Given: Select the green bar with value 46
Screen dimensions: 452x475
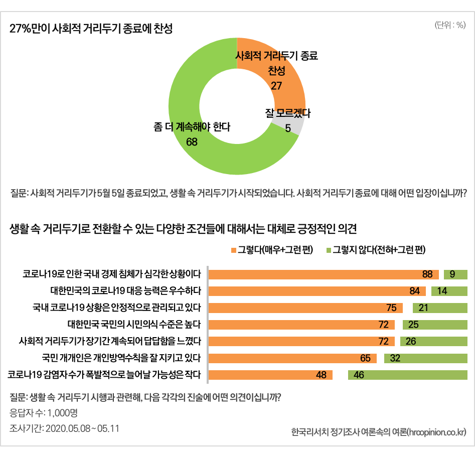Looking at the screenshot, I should [x=407, y=375].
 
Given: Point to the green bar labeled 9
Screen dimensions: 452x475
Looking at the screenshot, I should [x=455, y=274].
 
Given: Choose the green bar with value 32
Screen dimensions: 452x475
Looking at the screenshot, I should [x=425, y=358].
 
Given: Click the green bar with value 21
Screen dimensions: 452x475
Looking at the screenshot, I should [x=440, y=308].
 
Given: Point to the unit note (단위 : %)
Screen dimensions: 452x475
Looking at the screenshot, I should [x=450, y=26].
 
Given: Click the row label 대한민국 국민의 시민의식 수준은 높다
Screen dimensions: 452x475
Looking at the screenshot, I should [x=134, y=325].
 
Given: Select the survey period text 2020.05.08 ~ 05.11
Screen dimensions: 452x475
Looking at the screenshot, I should [x=82, y=428].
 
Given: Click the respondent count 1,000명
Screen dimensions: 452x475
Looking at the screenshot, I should [x=62, y=413].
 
